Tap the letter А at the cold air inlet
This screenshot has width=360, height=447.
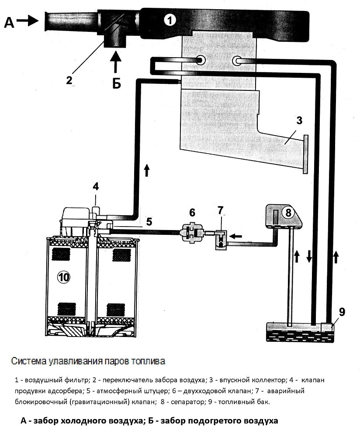(x=9, y=22)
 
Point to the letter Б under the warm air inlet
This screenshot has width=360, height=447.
(x=116, y=83)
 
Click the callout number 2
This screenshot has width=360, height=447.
(x=69, y=80)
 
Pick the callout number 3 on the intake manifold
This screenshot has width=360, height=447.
(x=298, y=121)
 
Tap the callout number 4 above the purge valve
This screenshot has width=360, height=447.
(x=96, y=186)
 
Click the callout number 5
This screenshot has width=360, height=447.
(x=149, y=221)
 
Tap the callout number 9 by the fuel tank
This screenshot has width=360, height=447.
(x=342, y=312)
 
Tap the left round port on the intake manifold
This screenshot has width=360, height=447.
(x=202, y=60)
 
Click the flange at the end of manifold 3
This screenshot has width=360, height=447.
(x=305, y=154)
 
